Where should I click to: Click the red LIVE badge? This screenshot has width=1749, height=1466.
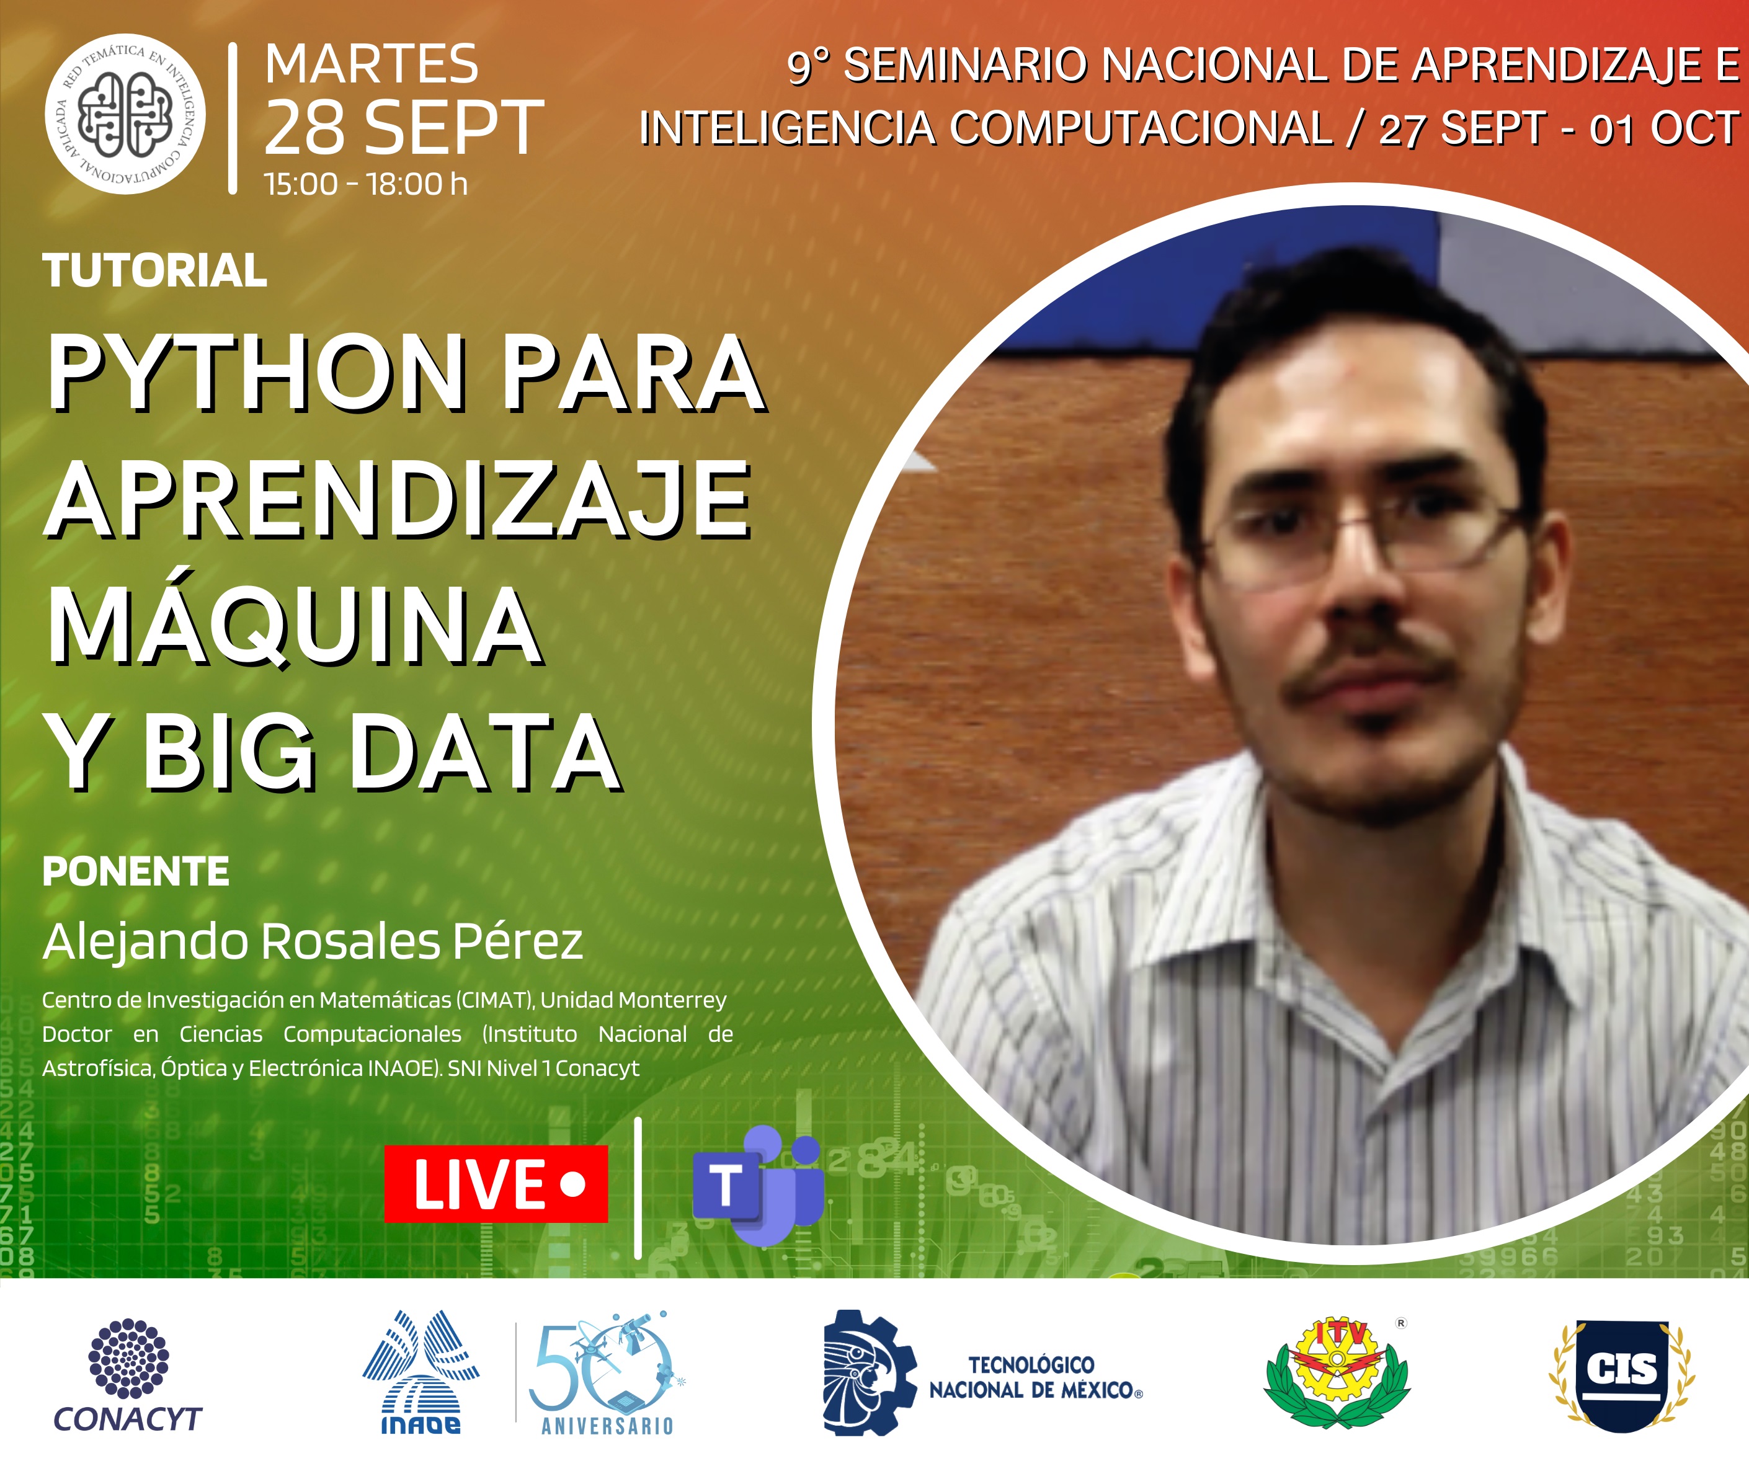click(496, 1184)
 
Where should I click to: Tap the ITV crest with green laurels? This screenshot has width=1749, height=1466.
click(1337, 1373)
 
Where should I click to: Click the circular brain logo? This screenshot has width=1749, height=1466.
click(125, 114)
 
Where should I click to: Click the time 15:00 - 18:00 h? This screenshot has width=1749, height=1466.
click(366, 184)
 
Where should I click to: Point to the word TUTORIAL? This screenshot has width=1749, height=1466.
click(155, 271)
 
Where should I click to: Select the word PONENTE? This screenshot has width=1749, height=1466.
click(136, 872)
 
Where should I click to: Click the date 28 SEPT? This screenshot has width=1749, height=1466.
click(404, 128)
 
